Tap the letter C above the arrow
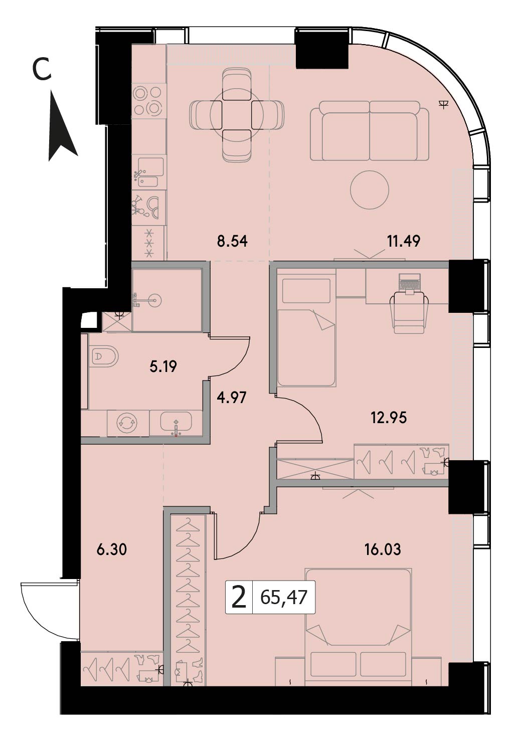pos(42,69)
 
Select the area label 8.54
pos(232,242)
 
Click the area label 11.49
pos(403,241)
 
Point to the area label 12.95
pos(389,418)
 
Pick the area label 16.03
pos(383,550)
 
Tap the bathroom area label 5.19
pos(163,366)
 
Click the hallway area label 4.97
pos(232,398)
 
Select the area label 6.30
pos(112,550)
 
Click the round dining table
pos(237,115)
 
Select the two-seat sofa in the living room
pos(370,131)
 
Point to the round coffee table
pos(370,190)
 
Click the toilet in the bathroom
pos(104,356)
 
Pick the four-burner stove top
pos(149,100)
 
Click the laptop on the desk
pos(409,283)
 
